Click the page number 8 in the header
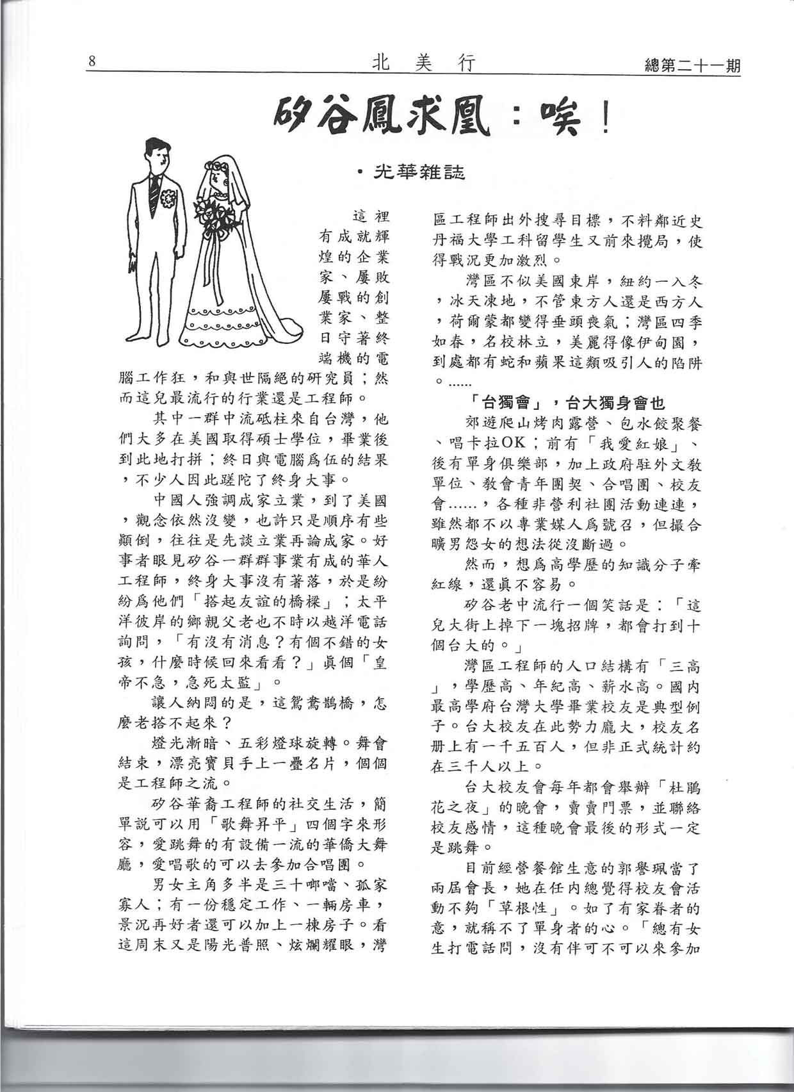click(x=92, y=61)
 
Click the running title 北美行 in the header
click(x=423, y=63)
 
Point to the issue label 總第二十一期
click(x=691, y=65)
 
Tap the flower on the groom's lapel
click(x=168, y=199)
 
